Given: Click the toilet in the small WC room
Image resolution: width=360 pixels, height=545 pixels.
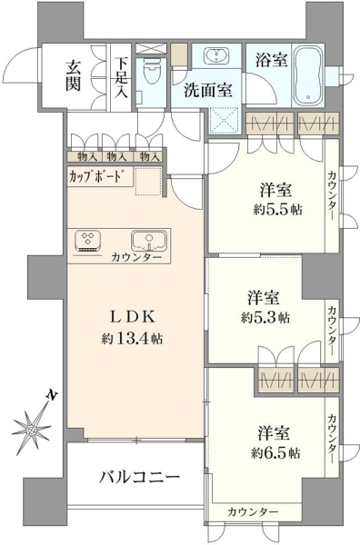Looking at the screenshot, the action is [x=151, y=71].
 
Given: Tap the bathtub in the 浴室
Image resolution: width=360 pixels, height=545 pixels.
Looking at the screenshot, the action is [x=308, y=75].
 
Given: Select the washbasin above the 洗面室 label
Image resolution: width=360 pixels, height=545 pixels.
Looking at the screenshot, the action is [x=216, y=55].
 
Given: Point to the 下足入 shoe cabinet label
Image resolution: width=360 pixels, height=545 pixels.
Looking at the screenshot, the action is [x=122, y=78].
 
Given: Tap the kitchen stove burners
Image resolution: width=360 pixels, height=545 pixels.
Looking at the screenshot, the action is [x=87, y=241].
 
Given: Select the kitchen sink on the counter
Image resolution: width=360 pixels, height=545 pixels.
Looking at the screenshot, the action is [x=149, y=241].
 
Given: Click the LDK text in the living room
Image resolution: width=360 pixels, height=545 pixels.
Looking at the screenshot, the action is [x=132, y=316].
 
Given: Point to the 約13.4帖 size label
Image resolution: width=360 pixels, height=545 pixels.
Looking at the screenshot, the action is [x=132, y=338].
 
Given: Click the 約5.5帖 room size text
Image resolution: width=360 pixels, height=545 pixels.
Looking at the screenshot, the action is [x=277, y=210].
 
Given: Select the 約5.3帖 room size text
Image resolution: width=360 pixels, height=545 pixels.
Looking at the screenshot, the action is [x=265, y=317].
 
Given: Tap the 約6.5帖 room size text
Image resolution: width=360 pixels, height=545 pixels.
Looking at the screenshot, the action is [x=275, y=453].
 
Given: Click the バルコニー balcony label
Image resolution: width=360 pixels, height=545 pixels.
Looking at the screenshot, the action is [x=140, y=477].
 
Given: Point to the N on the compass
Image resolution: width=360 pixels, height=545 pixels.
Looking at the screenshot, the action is [x=52, y=395].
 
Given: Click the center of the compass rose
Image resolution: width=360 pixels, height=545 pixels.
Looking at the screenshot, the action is [x=32, y=431].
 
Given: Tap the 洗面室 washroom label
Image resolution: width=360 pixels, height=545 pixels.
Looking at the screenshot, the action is [x=207, y=90].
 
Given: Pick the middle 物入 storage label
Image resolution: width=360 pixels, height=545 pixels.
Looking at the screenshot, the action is [x=116, y=157].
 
